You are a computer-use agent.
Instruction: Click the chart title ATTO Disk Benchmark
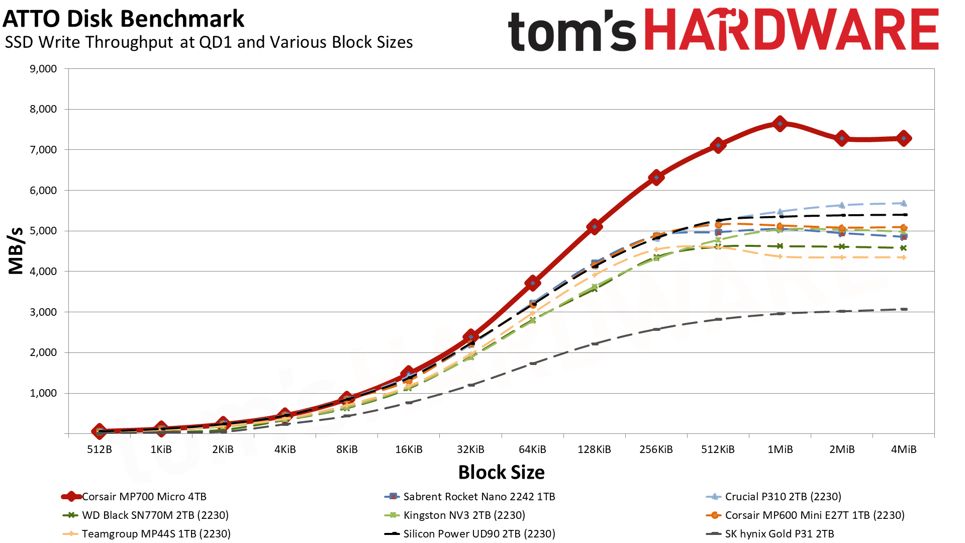(x=123, y=19)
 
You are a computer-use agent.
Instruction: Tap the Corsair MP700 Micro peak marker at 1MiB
(x=780, y=123)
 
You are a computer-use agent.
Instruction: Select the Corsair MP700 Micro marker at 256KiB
(x=656, y=177)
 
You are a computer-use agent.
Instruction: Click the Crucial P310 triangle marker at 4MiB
(x=904, y=203)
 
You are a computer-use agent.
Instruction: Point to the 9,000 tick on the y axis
(x=43, y=69)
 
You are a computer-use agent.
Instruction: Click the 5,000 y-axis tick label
(x=43, y=231)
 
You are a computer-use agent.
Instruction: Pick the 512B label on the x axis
(x=100, y=449)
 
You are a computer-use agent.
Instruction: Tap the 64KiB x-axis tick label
(x=532, y=449)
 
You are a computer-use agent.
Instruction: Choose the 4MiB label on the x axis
(x=904, y=449)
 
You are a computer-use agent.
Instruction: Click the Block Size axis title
(x=501, y=473)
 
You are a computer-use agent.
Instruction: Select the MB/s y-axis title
(x=16, y=250)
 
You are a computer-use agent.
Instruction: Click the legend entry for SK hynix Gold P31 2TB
(x=779, y=534)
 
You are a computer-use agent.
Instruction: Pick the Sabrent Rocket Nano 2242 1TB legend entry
(x=479, y=497)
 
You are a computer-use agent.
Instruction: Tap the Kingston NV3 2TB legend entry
(x=464, y=515)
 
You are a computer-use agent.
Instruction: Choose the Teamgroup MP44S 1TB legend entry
(x=156, y=534)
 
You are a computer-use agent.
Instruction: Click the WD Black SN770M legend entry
(x=155, y=515)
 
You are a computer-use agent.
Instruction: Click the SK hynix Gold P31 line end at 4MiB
(x=904, y=309)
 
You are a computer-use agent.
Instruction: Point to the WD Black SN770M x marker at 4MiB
(x=904, y=248)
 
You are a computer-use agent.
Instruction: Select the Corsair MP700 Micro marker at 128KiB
(x=595, y=227)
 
